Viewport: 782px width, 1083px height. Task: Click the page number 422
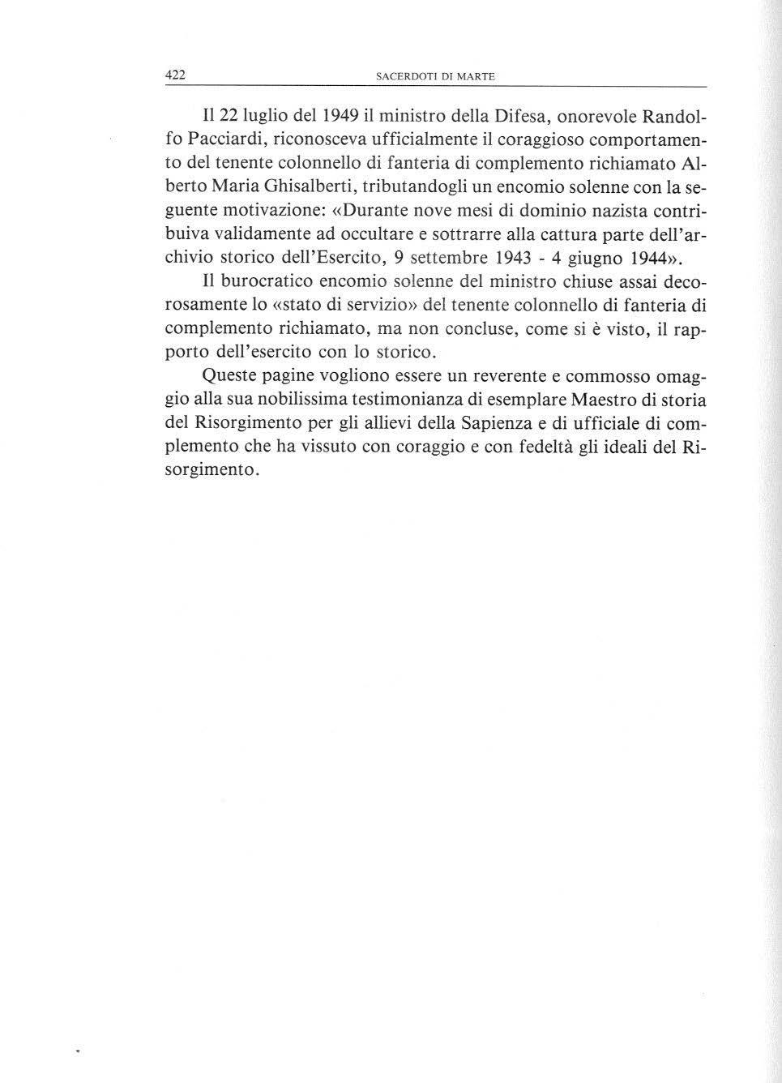pyautogui.click(x=176, y=75)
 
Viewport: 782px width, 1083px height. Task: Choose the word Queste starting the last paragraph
pyautogui.click(x=229, y=376)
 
